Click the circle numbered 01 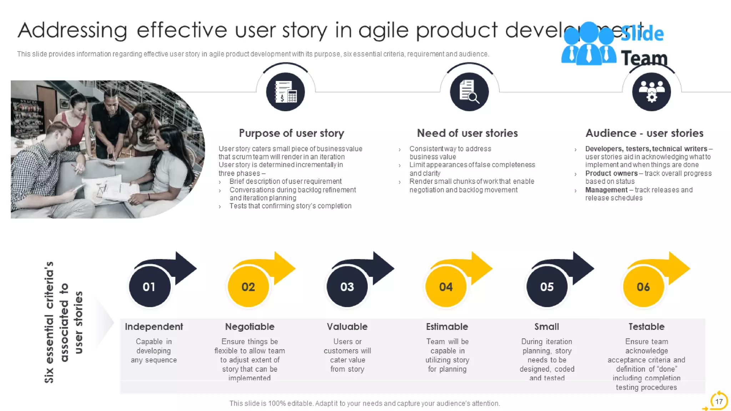(x=150, y=287)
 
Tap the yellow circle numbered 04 (x=446, y=287)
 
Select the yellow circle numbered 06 (x=643, y=287)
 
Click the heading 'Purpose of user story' (x=291, y=133)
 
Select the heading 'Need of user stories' (x=467, y=133)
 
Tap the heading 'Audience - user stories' (x=644, y=133)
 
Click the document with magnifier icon (x=469, y=92)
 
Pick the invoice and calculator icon (x=285, y=92)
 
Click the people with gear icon (x=651, y=92)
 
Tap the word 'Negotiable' (x=249, y=326)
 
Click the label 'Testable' (x=646, y=326)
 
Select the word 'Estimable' (x=447, y=326)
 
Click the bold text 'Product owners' (x=611, y=173)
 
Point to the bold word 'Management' (x=606, y=190)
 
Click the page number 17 (x=719, y=401)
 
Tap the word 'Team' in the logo (x=644, y=58)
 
